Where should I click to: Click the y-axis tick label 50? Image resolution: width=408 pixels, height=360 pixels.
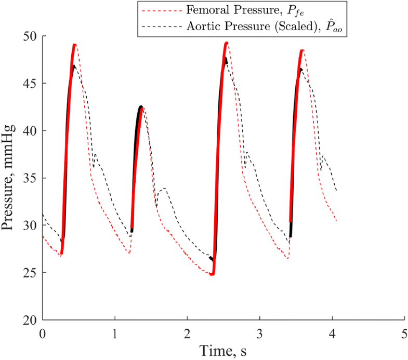tap(30, 36)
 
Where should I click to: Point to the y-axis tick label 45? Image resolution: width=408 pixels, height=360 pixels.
tap(30, 83)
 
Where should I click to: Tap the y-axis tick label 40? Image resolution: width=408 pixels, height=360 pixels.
tap(30, 130)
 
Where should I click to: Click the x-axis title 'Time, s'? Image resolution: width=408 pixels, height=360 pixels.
tap(222, 351)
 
